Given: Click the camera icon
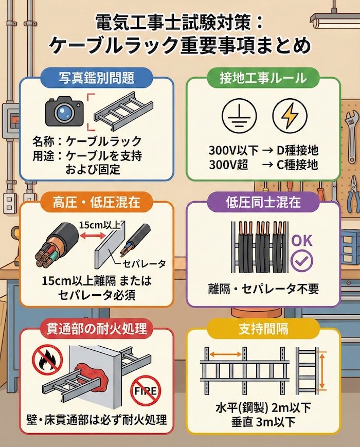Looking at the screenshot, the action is click(65, 111).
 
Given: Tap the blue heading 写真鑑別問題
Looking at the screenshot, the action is click(97, 78).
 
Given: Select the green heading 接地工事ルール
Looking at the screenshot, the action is click(263, 78).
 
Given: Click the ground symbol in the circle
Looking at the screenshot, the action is click(239, 116).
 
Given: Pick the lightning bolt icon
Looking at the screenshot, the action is click(290, 116).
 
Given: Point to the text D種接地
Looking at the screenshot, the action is click(297, 150).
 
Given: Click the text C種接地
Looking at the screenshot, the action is click(297, 165).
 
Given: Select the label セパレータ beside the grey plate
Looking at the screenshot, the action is click(144, 264).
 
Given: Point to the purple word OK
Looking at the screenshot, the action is click(302, 241).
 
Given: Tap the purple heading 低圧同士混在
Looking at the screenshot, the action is click(263, 202).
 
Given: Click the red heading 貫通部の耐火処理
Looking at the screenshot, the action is click(97, 329).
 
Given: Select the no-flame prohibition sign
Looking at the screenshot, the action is click(47, 359).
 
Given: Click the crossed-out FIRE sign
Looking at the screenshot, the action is click(146, 390).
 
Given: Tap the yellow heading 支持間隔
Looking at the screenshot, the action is click(263, 329).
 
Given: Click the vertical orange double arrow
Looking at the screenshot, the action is click(322, 370).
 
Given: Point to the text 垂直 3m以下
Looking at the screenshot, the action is click(263, 422).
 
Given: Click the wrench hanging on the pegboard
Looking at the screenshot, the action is click(351, 137).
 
